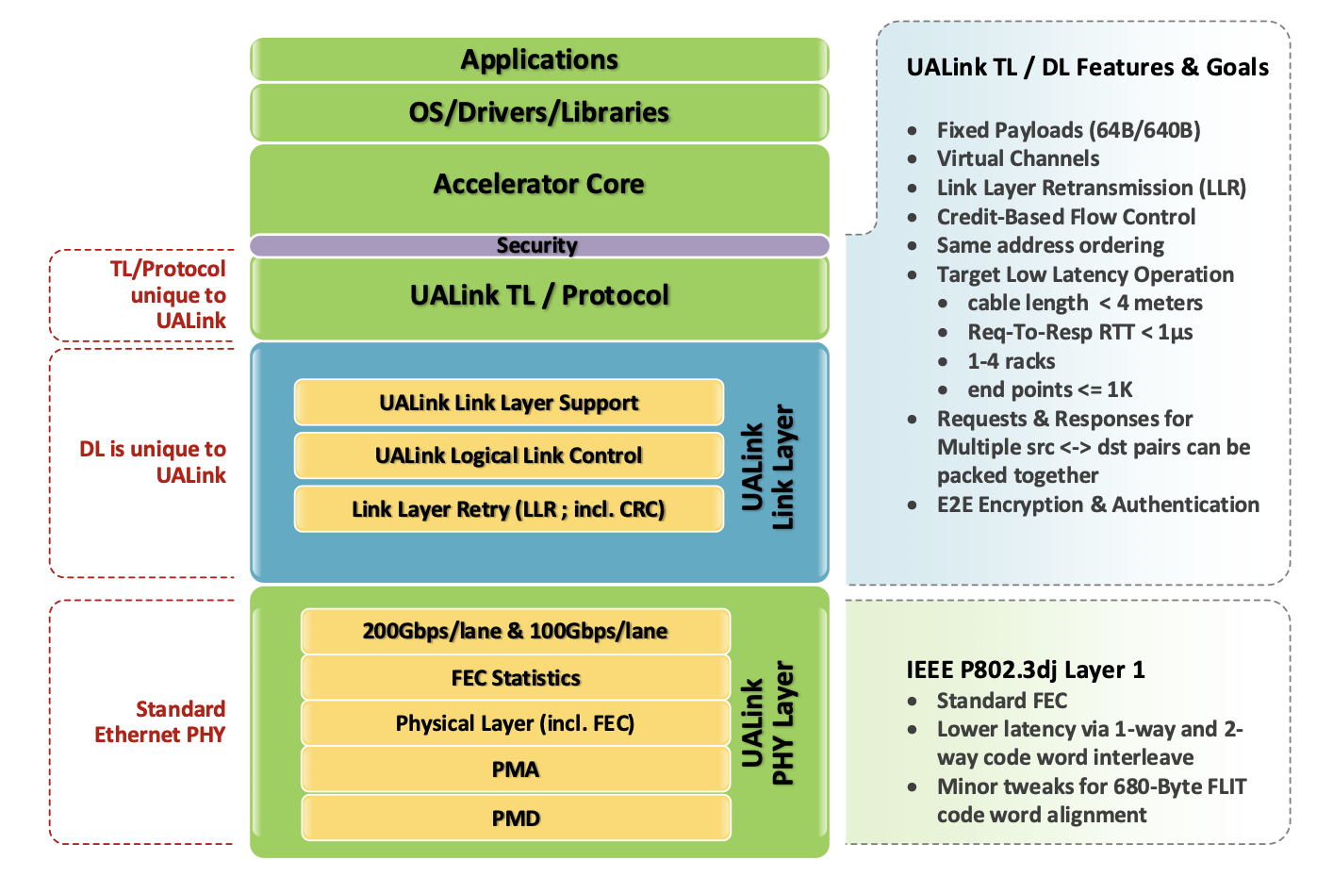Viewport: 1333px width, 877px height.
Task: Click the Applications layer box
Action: click(539, 59)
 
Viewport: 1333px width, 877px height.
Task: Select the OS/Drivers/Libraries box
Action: click(539, 112)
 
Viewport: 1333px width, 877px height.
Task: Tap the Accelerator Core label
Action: click(539, 184)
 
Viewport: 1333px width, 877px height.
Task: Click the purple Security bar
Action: click(539, 246)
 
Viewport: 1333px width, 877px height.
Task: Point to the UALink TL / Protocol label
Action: click(539, 295)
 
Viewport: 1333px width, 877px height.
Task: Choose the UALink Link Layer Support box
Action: click(509, 403)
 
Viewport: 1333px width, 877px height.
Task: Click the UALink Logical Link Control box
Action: click(509, 455)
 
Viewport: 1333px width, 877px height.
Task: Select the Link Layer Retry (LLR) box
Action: click(509, 509)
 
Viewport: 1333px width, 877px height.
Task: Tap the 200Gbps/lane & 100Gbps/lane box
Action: click(516, 631)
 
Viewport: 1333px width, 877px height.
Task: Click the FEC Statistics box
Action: click(516, 678)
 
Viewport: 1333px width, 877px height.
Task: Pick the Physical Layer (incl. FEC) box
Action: click(516, 723)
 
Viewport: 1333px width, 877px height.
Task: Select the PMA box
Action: click(516, 769)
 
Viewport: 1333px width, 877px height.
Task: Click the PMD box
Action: click(516, 818)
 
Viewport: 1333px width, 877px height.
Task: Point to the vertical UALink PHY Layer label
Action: click(767, 723)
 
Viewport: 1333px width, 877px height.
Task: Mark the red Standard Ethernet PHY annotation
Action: click(160, 721)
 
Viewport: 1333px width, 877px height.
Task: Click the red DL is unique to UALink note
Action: click(154, 462)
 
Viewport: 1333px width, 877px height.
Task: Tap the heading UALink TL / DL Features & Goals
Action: click(1087, 68)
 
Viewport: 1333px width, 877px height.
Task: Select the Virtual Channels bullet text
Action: click(1018, 158)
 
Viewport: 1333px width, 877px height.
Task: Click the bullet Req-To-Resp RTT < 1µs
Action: click(1080, 332)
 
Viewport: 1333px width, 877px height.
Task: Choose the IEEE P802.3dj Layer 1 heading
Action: click(1026, 670)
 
